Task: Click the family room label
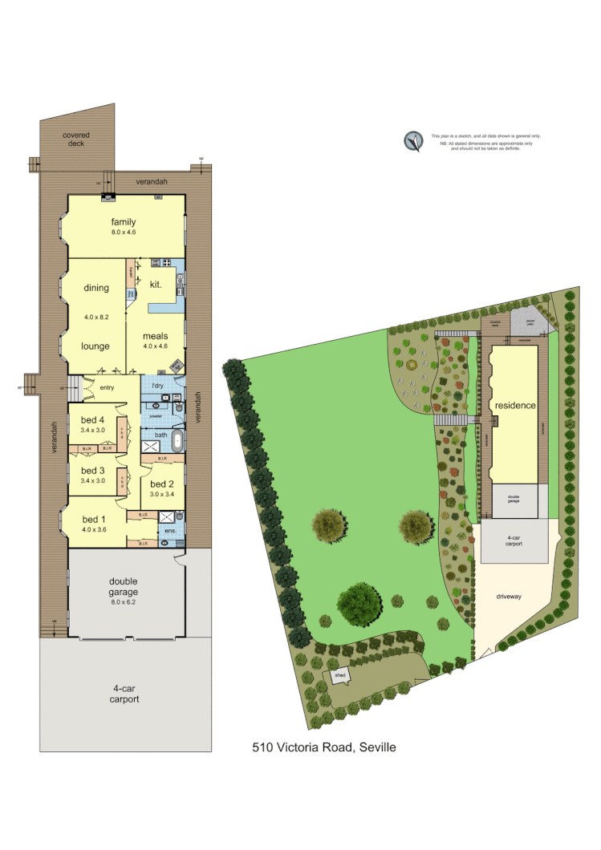pos(124,222)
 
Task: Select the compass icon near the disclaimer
pos(413,141)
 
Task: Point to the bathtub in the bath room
pos(177,446)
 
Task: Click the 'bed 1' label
pos(95,519)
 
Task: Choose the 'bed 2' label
pos(162,484)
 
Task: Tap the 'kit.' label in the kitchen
pos(156,284)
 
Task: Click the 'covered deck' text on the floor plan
pos(76,140)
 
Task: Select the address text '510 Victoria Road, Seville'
pos(324,747)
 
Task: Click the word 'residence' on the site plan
pos(514,406)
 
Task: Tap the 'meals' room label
pos(156,336)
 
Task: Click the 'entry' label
pos(107,388)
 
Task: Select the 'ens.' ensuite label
pos(170,531)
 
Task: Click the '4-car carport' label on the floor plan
pos(124,693)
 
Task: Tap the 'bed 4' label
pos(93,420)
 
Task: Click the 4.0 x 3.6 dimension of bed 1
pos(95,529)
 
